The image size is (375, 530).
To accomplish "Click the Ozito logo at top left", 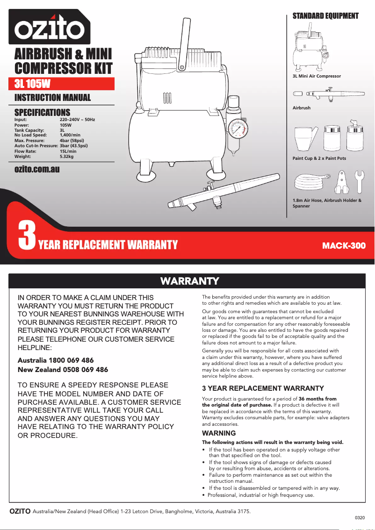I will tap(49, 27).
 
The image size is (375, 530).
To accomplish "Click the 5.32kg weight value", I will tap(66, 157).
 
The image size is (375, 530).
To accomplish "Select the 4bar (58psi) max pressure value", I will tap(72, 140).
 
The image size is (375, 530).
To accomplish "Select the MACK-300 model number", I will tap(344, 245).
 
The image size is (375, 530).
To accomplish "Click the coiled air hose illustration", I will tap(310, 182).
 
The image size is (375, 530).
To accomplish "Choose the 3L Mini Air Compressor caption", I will tap(317, 76).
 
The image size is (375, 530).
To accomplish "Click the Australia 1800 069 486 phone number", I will tap(56, 360).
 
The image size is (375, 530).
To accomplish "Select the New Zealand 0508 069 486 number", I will tap(63, 369).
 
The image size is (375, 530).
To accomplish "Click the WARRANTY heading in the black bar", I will tap(189, 281).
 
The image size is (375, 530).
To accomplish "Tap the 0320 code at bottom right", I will tap(360, 517).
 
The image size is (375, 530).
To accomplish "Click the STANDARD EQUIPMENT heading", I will tap(325, 16).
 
